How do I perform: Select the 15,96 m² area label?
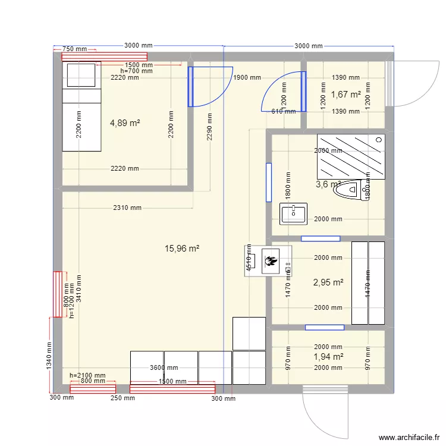click(181, 249)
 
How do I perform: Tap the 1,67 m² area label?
click(346, 94)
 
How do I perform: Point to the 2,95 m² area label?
click(329, 282)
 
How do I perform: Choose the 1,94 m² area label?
click(329, 357)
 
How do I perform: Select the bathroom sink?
click(293, 213)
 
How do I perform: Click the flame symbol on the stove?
click(271, 260)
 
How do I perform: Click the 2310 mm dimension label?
click(127, 208)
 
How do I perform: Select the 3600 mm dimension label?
click(164, 368)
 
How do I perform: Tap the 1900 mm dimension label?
click(247, 77)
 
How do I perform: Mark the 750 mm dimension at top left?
click(75, 49)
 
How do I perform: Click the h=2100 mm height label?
click(87, 375)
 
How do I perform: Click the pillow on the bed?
click(81, 75)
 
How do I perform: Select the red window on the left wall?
click(58, 294)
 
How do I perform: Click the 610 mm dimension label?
click(283, 111)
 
